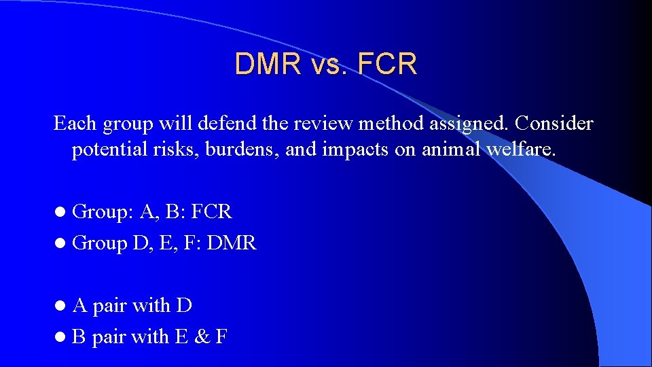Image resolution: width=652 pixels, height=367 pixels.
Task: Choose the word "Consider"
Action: tap(554, 124)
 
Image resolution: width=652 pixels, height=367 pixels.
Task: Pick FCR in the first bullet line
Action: tap(211, 212)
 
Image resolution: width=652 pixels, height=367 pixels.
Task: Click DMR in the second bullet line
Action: tap(232, 243)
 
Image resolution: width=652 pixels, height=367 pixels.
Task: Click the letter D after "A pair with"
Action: tap(184, 306)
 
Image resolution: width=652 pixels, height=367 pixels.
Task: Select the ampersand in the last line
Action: tap(201, 336)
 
